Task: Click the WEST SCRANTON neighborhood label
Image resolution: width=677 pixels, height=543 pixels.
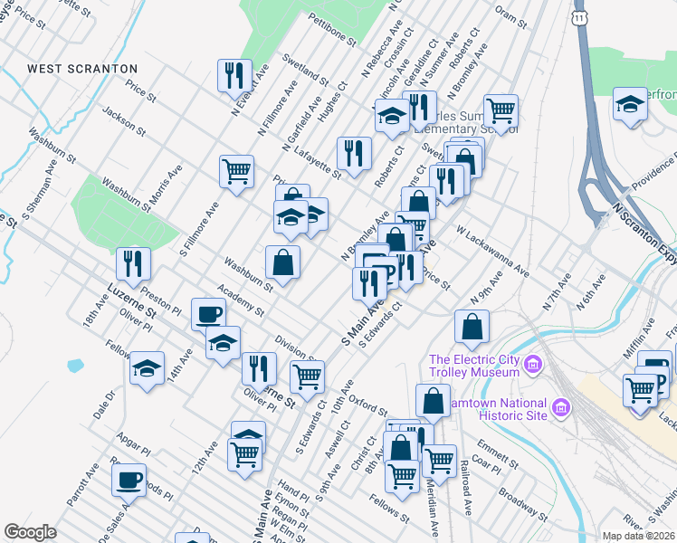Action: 82,69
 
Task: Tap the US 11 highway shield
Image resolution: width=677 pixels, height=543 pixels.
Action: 579,17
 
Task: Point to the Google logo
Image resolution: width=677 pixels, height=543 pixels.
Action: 30,532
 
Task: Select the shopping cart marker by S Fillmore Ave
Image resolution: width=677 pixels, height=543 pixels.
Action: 236,169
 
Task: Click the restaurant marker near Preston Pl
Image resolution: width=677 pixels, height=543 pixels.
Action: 133,263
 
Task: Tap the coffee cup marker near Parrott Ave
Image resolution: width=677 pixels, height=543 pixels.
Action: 129,479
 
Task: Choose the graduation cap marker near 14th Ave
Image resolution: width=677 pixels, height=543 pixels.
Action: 147,368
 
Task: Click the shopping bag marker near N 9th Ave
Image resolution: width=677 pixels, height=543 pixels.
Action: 472,327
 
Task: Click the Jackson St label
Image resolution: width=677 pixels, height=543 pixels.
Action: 124,121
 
